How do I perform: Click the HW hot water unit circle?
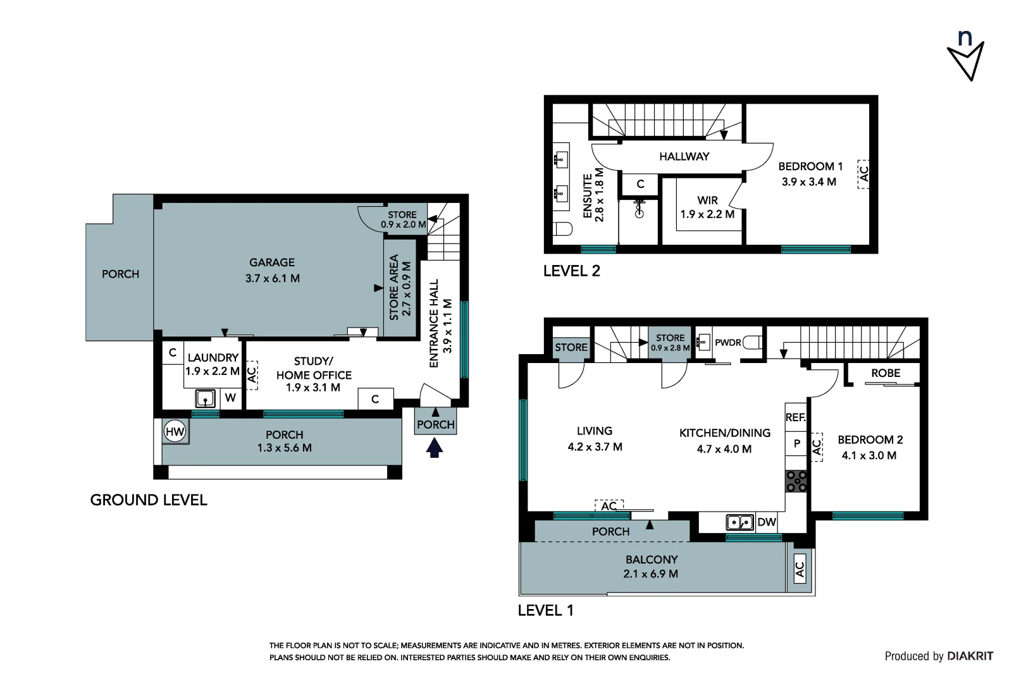coord(175,431)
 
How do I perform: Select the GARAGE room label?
coord(272,262)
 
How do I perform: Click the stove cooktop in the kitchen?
coord(796,481)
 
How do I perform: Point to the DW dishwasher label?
coord(767,522)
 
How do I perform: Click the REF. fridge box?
coord(796,417)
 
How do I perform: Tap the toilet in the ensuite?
coord(563,228)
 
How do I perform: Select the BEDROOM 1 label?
coord(810,166)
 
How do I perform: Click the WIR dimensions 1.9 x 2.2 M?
coord(707,214)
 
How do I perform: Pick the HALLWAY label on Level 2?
coord(684,157)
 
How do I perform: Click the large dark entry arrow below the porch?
coord(435,448)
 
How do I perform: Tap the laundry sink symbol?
coord(205,399)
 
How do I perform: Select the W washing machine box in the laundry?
coord(230,398)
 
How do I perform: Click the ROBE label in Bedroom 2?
coord(886,373)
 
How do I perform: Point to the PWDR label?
coord(728,343)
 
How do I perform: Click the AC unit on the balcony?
coord(800,569)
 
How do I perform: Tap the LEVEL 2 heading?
coord(572,271)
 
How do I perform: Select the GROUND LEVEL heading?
coord(149,500)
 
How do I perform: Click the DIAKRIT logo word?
coord(970,656)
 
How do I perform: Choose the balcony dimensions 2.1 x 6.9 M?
coord(650,574)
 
